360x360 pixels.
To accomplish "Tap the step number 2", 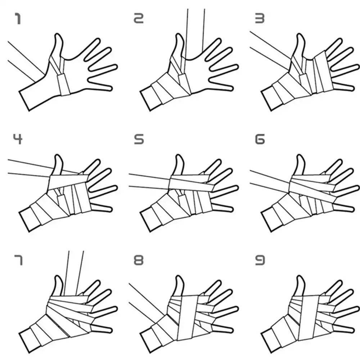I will (138, 18).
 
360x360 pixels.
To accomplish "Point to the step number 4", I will (18, 139).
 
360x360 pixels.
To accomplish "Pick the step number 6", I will (260, 139).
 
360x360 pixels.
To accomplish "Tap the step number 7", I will (18, 260).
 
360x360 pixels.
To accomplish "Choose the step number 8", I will (138, 260).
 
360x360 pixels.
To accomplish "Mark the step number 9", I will (260, 260).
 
